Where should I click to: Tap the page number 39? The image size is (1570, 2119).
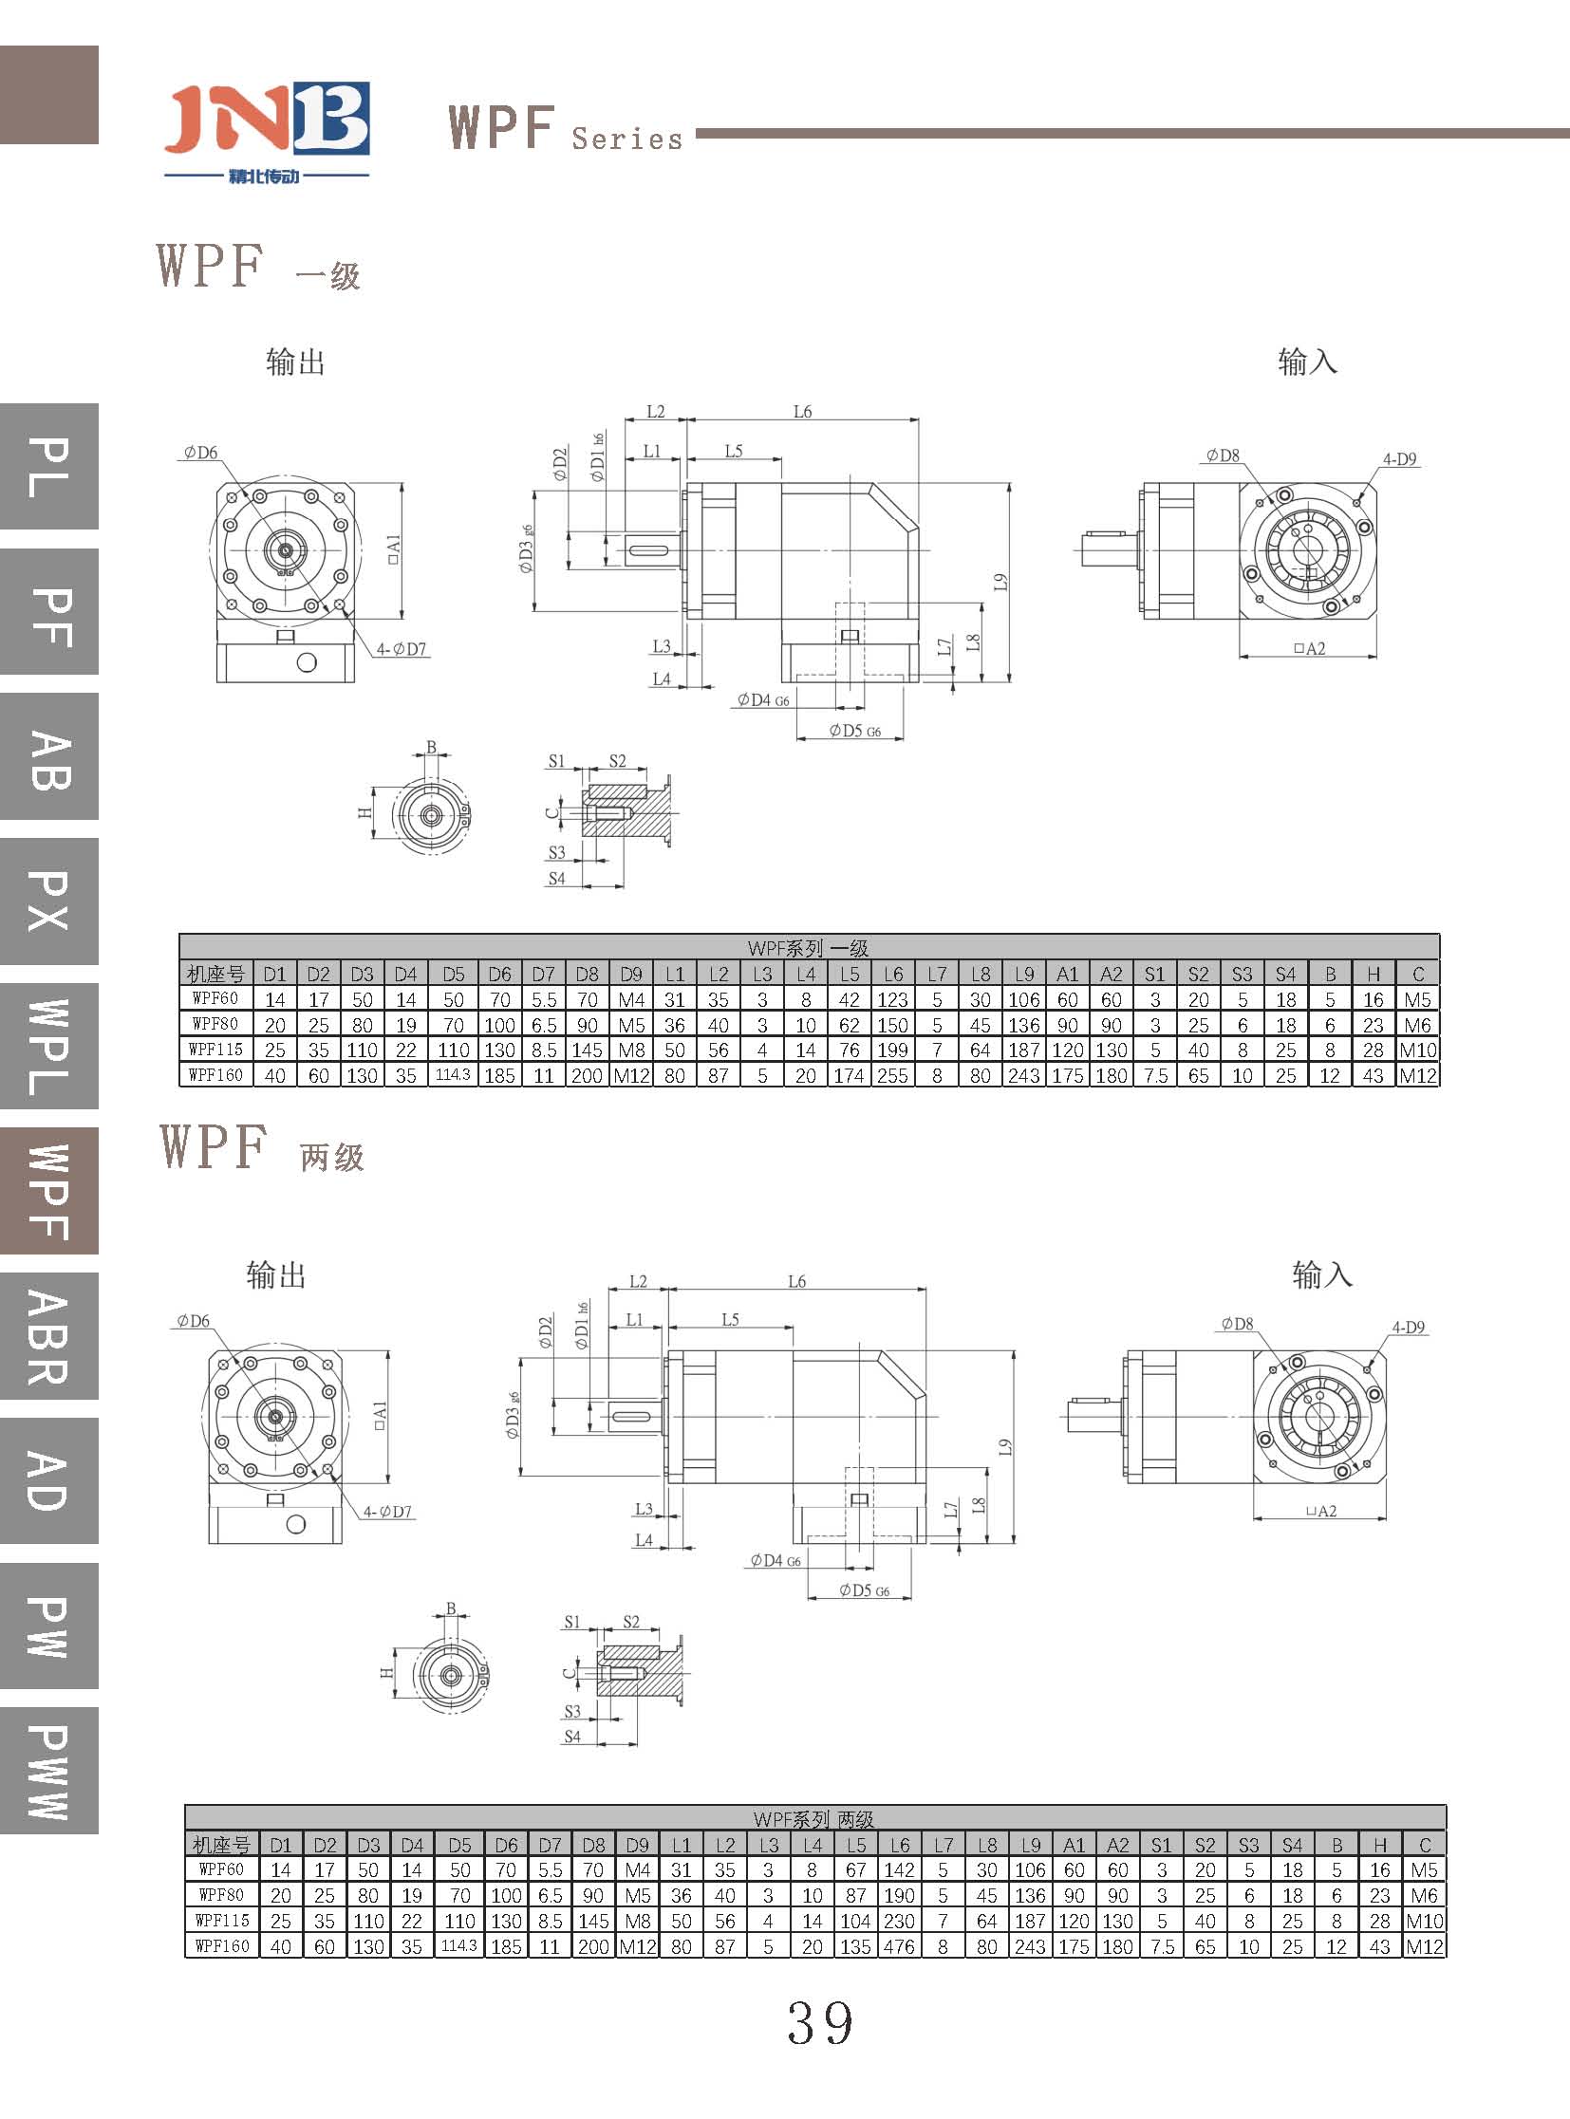(820, 2023)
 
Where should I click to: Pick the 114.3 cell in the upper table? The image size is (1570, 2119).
(454, 1075)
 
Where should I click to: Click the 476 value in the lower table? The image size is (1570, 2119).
(899, 1946)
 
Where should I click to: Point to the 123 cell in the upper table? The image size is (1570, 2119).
(892, 999)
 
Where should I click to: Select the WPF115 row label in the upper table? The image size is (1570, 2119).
(215, 1050)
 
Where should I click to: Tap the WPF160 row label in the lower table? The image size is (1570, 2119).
(221, 1946)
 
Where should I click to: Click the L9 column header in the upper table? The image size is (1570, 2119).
(1023, 974)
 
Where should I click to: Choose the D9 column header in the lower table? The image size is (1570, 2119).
(637, 1845)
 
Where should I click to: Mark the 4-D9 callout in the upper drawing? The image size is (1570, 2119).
(1399, 459)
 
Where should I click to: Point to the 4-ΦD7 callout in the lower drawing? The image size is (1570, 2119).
(386, 1512)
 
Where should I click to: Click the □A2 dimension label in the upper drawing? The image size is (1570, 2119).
(1309, 649)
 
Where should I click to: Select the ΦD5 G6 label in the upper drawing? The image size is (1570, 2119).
(854, 731)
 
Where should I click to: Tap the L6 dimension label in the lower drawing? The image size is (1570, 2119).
(796, 1282)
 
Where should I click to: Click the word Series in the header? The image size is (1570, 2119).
(627, 139)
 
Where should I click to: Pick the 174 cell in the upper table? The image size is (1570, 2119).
(849, 1076)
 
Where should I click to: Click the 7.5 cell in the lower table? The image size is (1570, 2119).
(1161, 1946)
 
